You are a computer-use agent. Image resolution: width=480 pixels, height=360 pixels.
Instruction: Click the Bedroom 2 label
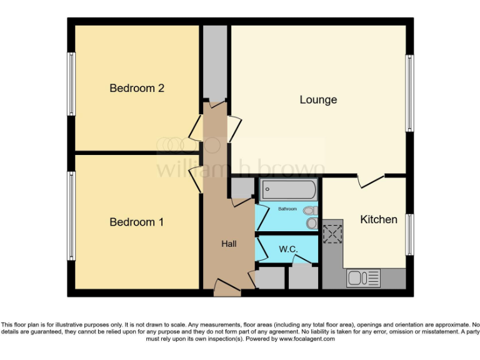coord(136,88)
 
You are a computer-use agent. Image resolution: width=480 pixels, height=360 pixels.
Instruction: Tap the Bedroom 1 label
coord(136,222)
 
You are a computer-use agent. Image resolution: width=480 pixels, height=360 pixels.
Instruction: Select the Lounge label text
coord(318,100)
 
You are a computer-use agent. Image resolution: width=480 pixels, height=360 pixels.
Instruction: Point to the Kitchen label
coord(378,219)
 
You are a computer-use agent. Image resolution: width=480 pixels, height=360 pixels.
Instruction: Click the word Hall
coord(229,244)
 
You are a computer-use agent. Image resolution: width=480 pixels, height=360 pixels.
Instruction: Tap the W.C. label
coord(287,249)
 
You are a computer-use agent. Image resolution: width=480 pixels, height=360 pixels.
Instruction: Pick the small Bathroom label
coord(287,209)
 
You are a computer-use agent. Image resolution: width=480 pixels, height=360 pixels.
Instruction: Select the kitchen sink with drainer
coord(363,277)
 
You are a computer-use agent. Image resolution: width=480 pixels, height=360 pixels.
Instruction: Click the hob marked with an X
coord(333,234)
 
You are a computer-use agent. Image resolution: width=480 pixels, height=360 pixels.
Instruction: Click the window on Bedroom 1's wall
coord(72,216)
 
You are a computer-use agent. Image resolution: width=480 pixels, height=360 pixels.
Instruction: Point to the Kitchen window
coord(409,234)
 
